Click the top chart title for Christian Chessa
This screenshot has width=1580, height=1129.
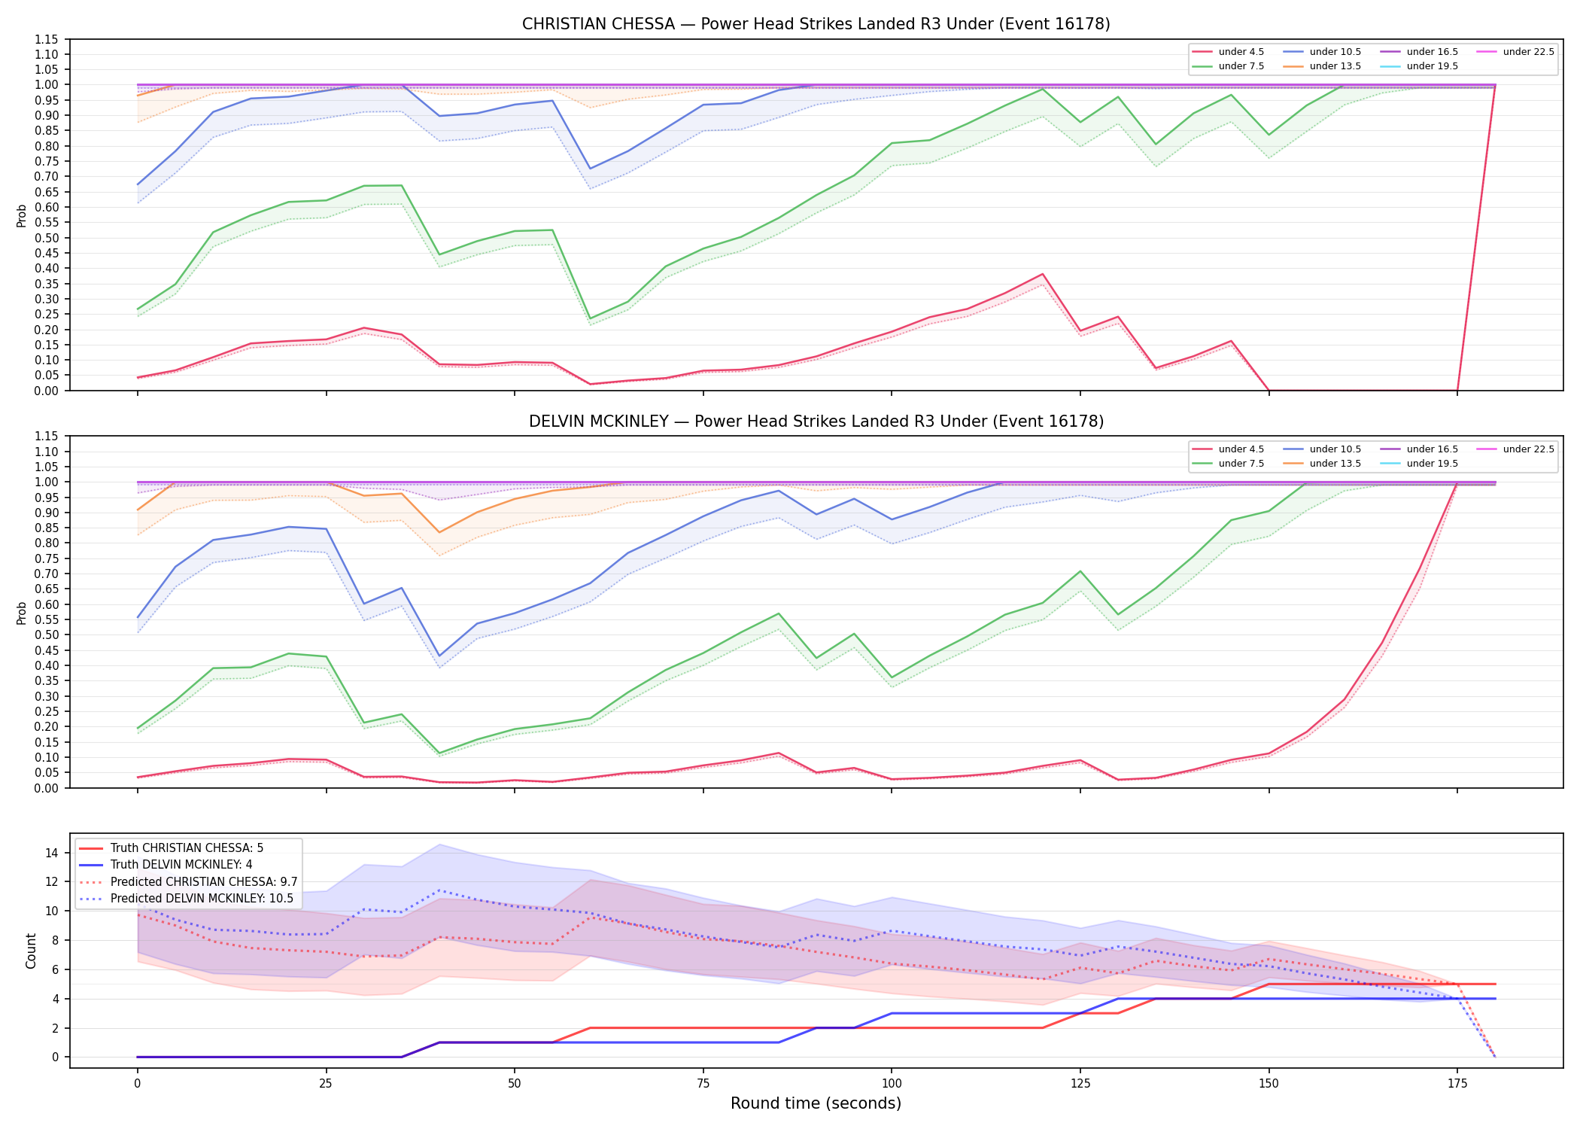point(816,24)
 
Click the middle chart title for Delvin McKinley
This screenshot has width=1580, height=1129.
point(816,421)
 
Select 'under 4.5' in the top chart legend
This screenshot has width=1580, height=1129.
point(1241,52)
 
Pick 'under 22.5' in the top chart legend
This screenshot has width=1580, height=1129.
point(1528,52)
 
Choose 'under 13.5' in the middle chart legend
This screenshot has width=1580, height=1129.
point(1335,464)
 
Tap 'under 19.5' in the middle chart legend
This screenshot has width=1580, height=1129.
point(1432,464)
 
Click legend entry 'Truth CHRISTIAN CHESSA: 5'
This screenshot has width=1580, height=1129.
point(187,848)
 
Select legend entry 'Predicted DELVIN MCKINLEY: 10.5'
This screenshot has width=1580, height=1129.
point(202,899)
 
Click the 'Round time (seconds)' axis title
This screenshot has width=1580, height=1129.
point(816,1103)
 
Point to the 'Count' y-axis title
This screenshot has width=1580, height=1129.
point(31,951)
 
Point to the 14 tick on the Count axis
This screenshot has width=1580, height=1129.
point(51,853)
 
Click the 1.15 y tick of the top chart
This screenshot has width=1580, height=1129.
point(47,39)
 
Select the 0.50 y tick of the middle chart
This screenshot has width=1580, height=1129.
point(47,635)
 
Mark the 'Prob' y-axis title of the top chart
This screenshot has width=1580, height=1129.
point(22,215)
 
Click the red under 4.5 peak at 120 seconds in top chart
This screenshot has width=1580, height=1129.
point(1042,274)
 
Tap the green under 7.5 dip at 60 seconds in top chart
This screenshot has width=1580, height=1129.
point(590,319)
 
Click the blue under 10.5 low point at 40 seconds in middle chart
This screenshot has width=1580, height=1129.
point(439,656)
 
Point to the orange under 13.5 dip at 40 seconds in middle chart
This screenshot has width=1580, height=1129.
point(439,533)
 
